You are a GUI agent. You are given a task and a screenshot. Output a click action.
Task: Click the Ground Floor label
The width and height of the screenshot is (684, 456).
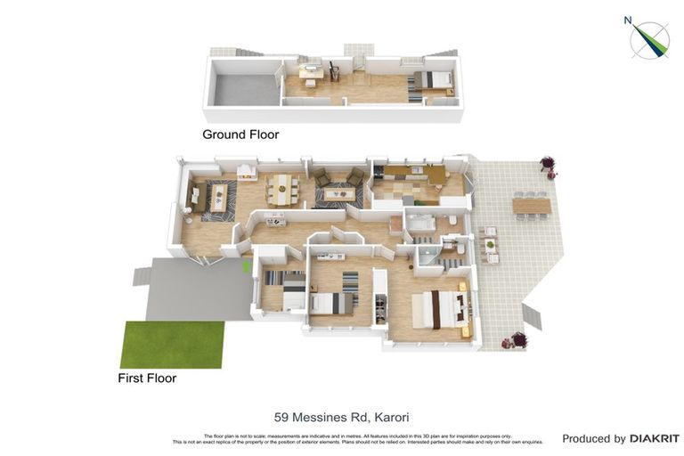(x=240, y=134)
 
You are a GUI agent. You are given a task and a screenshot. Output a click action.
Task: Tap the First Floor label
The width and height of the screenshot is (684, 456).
(x=147, y=378)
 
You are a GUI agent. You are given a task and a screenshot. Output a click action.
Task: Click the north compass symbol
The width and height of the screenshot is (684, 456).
(x=649, y=39)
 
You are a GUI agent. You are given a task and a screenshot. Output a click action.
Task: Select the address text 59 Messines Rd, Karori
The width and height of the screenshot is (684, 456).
(x=341, y=417)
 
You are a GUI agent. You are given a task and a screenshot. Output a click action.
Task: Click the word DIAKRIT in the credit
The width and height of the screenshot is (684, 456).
(x=654, y=438)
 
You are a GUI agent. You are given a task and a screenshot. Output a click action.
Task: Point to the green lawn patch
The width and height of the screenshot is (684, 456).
(x=172, y=345)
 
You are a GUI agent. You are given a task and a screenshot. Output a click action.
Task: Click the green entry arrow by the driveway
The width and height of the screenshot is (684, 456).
(x=247, y=265)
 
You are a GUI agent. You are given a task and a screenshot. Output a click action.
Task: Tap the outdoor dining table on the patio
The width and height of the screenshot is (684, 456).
(x=531, y=206)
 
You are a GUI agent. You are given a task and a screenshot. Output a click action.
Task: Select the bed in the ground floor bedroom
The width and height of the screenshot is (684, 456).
(x=433, y=80)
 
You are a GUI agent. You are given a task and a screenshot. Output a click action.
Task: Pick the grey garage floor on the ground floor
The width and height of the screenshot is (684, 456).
(x=243, y=89)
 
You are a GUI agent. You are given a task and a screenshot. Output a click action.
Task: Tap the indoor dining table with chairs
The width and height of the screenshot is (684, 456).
(x=282, y=188)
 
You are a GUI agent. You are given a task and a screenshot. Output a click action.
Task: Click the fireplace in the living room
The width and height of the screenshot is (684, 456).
(x=248, y=171)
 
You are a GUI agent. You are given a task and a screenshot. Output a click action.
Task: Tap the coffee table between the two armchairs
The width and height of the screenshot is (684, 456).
(x=338, y=192)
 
